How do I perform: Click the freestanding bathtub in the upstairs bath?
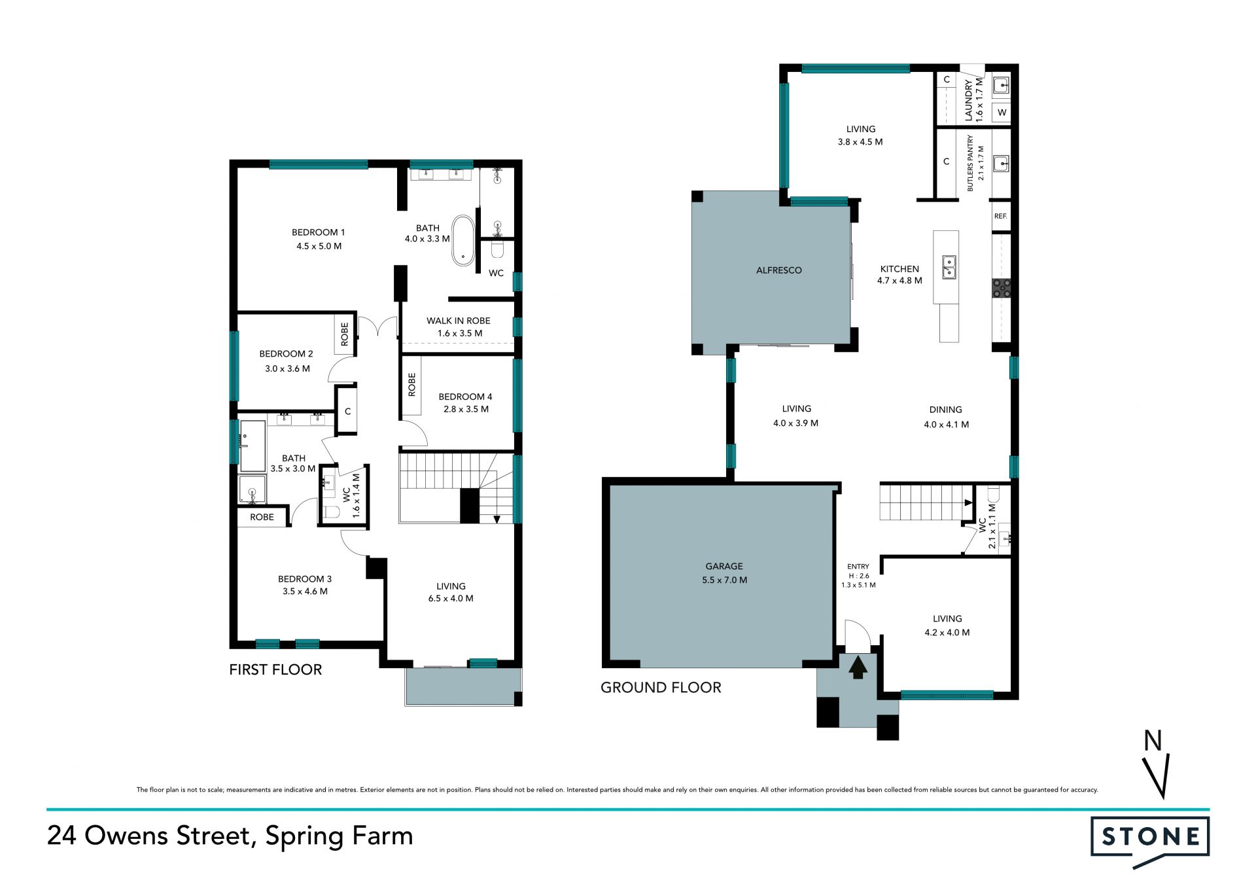(x=463, y=240)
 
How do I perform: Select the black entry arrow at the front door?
(x=858, y=668)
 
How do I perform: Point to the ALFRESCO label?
(x=778, y=270)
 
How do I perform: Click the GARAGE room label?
(x=724, y=566)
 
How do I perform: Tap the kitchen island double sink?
(x=949, y=267)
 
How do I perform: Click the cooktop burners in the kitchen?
(x=1002, y=289)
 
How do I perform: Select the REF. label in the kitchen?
(x=1000, y=216)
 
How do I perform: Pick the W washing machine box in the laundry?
(x=1002, y=113)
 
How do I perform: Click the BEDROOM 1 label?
(x=318, y=232)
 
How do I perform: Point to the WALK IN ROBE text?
(x=459, y=321)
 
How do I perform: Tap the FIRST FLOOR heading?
(x=275, y=669)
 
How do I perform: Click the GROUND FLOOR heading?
(x=661, y=687)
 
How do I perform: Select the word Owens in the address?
(x=128, y=836)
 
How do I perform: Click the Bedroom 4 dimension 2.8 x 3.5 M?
(x=466, y=409)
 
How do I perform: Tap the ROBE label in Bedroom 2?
(x=345, y=334)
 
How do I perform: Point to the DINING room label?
(x=945, y=410)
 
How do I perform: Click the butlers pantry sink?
(x=1001, y=163)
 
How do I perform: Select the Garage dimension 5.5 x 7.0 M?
(x=724, y=580)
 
